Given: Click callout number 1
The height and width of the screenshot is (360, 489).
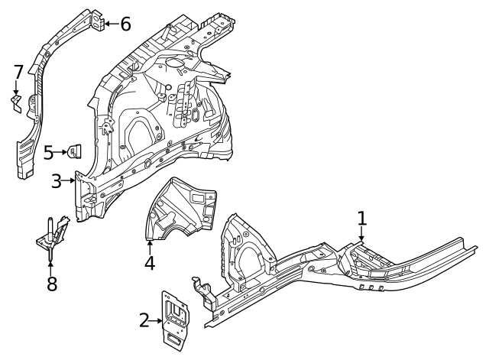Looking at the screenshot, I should click(x=362, y=218).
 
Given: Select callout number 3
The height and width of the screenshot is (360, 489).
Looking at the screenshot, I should click(x=57, y=182).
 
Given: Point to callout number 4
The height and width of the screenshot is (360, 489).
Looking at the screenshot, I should click(x=150, y=263).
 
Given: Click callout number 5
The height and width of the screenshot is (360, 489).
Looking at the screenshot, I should click(x=49, y=153).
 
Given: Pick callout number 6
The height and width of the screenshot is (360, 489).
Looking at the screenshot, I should click(x=125, y=24).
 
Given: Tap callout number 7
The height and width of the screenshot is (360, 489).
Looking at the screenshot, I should click(x=18, y=73).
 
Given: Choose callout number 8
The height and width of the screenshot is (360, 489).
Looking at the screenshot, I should click(x=52, y=285).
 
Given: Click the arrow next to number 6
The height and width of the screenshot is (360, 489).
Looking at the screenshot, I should click(x=110, y=24).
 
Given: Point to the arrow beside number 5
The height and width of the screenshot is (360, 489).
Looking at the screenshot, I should click(x=63, y=153).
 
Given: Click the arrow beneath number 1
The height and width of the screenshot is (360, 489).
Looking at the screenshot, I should click(x=362, y=236).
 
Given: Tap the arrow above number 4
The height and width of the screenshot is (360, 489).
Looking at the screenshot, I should click(x=150, y=245).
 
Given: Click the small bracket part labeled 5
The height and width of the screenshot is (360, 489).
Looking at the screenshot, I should click(x=76, y=151).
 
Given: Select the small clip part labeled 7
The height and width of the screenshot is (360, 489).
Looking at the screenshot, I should click(x=15, y=102).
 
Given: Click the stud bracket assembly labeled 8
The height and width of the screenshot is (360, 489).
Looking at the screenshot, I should click(x=52, y=236).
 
